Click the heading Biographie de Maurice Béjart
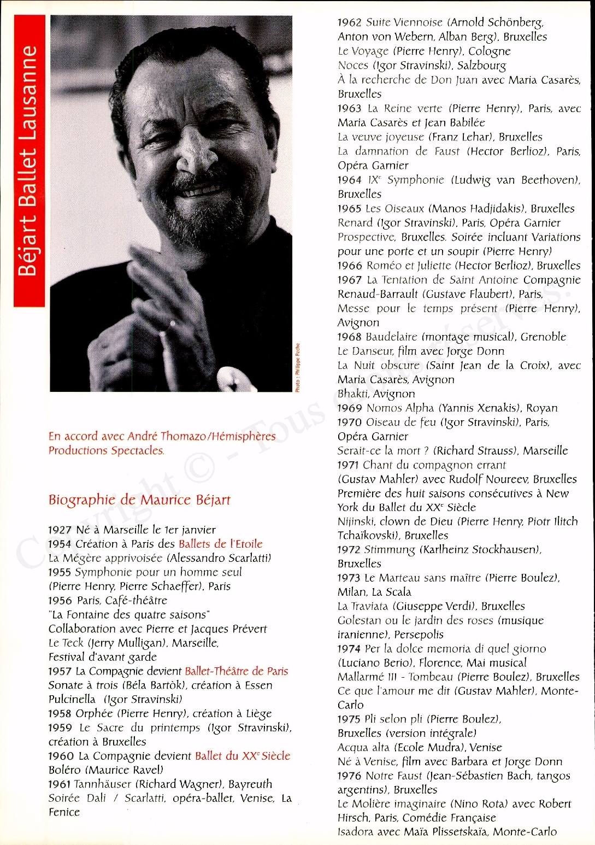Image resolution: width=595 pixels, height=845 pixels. tap(139, 500)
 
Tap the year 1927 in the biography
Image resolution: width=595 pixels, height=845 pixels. tap(60, 530)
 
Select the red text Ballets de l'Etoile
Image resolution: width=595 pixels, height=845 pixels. tap(220, 544)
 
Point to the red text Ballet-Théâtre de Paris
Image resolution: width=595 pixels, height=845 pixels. tap(236, 671)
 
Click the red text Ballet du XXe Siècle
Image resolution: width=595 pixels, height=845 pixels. tap(243, 756)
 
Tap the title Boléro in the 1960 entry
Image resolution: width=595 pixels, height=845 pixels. tap(64, 770)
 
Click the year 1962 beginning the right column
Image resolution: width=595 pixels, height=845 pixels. tap(349, 22)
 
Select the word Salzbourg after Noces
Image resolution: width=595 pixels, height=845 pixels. tap(481, 66)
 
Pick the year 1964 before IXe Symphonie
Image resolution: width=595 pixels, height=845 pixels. tap(349, 180)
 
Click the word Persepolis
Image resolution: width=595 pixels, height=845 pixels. tap(419, 635)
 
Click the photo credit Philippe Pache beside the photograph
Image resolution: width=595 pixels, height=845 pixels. tap(298, 367)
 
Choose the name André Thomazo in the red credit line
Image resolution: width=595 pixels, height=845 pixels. tap(158, 436)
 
